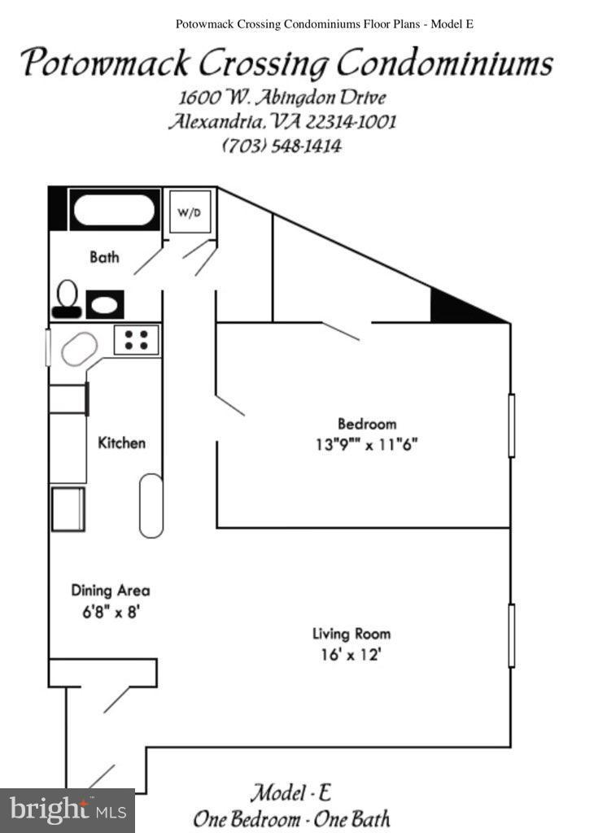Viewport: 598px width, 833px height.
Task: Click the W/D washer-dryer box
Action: (190, 212)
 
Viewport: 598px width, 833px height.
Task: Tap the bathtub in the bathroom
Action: (115, 211)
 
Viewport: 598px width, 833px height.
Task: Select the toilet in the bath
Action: (68, 299)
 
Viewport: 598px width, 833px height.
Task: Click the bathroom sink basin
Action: (104, 305)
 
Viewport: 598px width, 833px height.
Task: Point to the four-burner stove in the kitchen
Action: (136, 339)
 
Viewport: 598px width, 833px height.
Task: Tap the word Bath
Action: (104, 257)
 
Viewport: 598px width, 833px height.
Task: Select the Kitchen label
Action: (122, 443)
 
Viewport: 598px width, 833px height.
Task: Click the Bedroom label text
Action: (367, 424)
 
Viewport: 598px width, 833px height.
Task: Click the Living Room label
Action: (351, 634)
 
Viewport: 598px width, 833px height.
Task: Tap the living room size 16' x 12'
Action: (351, 654)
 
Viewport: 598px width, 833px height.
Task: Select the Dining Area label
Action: (111, 591)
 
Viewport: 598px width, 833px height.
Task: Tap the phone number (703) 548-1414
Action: (282, 146)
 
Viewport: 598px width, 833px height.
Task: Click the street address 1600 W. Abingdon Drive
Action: (282, 98)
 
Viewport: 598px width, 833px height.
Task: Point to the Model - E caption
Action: (290, 792)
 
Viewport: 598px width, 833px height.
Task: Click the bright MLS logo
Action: (68, 810)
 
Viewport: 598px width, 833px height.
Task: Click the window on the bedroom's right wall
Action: (512, 425)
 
